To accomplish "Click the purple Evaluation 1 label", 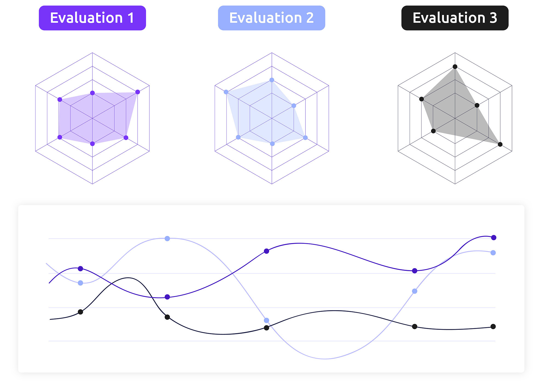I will click(x=92, y=18).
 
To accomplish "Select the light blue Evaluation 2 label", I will click(x=271, y=18).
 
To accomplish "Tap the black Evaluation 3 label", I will click(x=455, y=18).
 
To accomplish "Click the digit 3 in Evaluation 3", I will click(x=493, y=18).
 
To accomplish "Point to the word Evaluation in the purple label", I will click(x=86, y=18).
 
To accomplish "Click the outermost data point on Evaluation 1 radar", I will click(x=138, y=92).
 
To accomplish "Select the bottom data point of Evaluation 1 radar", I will click(x=92, y=144).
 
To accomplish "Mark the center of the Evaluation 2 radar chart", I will click(x=272, y=118).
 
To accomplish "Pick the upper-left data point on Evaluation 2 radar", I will click(x=226, y=92).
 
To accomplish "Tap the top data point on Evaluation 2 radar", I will click(x=272, y=80).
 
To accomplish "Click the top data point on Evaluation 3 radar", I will click(x=455, y=67).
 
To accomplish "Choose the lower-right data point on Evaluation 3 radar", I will click(x=500, y=144).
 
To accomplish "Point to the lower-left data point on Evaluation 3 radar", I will click(x=433, y=131).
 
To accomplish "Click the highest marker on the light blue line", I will click(x=167, y=239).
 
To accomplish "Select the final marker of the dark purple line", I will click(x=494, y=238).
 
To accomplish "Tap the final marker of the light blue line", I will click(x=493, y=253).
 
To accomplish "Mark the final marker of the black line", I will click(x=493, y=326).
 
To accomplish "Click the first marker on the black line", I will click(x=80, y=312).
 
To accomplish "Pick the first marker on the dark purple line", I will click(x=80, y=269).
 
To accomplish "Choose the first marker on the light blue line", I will click(x=80, y=283).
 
